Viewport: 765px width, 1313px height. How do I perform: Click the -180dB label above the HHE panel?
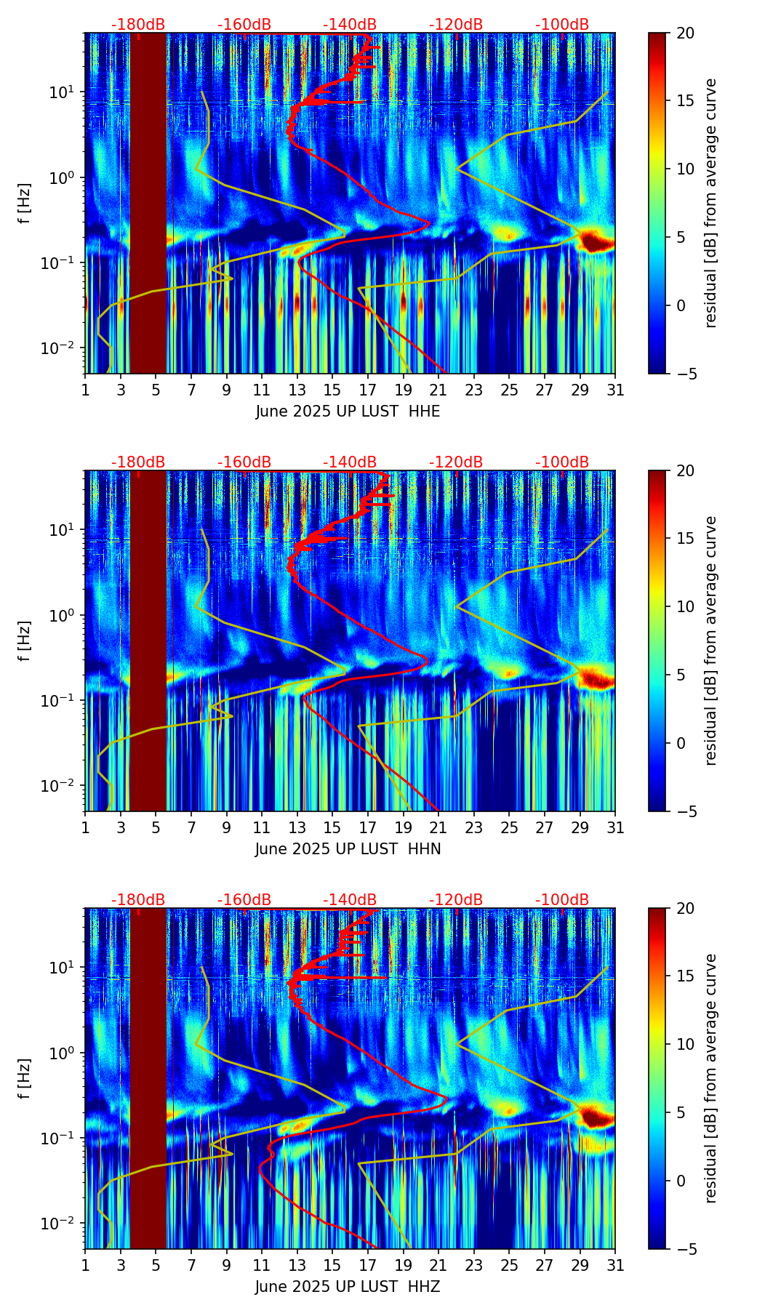(138, 25)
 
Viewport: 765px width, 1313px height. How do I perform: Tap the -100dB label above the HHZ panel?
(562, 900)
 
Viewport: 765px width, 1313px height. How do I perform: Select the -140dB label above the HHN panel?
(350, 462)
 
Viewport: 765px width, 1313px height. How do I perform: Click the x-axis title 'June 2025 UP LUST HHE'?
(348, 411)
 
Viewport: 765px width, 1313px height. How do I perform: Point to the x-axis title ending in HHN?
(348, 849)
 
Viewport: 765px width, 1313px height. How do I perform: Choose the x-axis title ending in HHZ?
(348, 1287)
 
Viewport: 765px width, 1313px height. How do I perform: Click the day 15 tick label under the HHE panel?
(332, 390)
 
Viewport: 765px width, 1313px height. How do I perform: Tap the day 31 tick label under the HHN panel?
(614, 827)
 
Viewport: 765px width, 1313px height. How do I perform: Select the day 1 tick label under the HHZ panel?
(86, 1265)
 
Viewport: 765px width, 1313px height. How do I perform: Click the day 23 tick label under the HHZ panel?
(473, 1265)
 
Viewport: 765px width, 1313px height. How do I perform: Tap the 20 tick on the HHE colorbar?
(686, 33)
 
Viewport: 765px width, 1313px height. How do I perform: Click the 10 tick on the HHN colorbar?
(686, 606)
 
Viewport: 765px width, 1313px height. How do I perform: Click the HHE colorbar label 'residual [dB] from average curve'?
(711, 203)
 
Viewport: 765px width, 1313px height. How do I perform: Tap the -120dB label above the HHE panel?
(456, 25)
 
